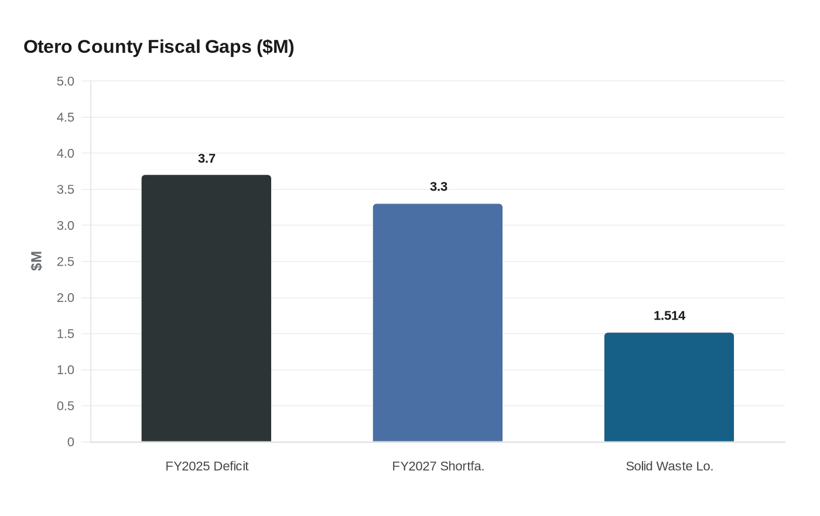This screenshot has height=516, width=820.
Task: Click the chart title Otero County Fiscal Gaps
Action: pos(159,46)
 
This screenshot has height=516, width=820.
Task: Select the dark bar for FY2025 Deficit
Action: pos(206,308)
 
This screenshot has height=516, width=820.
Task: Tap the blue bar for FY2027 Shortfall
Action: pos(438,322)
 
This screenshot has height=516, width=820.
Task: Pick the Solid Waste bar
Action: pos(669,387)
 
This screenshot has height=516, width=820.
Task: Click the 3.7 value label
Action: pos(207,159)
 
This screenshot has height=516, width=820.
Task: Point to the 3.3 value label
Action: pos(438,187)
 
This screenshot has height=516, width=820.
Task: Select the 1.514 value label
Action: pos(669,316)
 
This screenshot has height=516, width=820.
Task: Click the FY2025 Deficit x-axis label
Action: pos(207,466)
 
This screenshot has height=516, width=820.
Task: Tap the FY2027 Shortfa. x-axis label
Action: pos(438,466)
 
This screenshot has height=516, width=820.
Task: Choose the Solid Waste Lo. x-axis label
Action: pos(669,466)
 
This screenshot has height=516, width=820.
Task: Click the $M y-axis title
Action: pos(36,261)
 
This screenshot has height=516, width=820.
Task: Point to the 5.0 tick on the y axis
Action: pos(66,82)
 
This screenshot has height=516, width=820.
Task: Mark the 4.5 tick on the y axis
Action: pos(66,118)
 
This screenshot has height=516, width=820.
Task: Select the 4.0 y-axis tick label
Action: pos(66,154)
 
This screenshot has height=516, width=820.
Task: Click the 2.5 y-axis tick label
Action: pos(66,262)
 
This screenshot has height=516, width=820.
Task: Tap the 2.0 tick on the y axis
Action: pos(66,298)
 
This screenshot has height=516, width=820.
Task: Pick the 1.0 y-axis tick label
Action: pos(66,370)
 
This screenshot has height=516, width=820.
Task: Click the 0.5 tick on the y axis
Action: pos(66,406)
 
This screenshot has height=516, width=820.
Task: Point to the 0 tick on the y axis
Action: pos(71,442)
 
